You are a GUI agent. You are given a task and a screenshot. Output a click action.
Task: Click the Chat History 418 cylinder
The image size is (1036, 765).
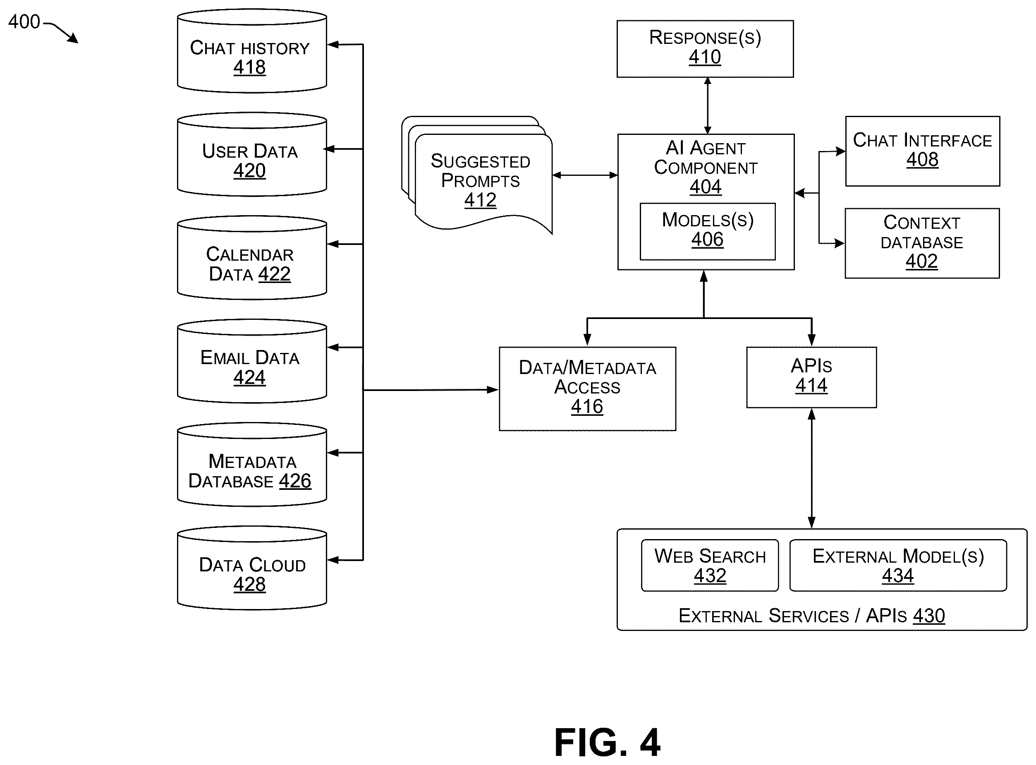tap(252, 51)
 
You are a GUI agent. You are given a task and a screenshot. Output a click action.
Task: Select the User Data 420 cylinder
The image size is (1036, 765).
tap(252, 154)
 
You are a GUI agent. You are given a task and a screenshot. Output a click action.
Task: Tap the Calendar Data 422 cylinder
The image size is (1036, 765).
tap(252, 257)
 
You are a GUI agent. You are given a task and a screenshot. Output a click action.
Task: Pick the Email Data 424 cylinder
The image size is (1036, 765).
tap(252, 361)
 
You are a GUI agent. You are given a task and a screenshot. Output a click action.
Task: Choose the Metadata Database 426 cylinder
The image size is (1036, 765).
tap(252, 465)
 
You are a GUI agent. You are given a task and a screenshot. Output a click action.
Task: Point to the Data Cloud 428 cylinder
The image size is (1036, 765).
tap(252, 568)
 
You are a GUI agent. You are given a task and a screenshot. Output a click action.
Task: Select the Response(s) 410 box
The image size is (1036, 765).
tap(705, 49)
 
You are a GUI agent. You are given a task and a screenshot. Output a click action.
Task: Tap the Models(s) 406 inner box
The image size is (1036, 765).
tap(707, 231)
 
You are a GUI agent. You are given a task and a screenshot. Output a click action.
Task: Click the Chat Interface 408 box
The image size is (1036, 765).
tap(922, 151)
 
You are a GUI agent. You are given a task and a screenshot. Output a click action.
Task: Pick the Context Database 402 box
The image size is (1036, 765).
tap(922, 243)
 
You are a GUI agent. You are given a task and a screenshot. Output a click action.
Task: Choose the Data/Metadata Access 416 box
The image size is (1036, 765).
tap(587, 388)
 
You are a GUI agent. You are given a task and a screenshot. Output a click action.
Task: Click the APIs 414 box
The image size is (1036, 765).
tap(811, 377)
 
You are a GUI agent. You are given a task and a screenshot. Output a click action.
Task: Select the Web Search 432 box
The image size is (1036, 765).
tap(710, 565)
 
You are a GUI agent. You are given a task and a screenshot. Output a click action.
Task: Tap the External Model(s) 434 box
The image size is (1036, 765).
tap(897, 565)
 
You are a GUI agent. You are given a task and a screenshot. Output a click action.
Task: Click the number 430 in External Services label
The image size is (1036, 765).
tap(928, 615)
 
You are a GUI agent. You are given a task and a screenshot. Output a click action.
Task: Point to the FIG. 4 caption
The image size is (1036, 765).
tap(608, 742)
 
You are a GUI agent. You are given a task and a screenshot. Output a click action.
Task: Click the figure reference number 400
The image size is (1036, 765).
tap(24, 22)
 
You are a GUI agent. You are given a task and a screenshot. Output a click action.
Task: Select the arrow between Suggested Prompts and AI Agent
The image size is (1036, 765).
tap(585, 175)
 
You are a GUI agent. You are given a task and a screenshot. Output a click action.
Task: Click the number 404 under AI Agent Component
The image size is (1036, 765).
tap(706, 187)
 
